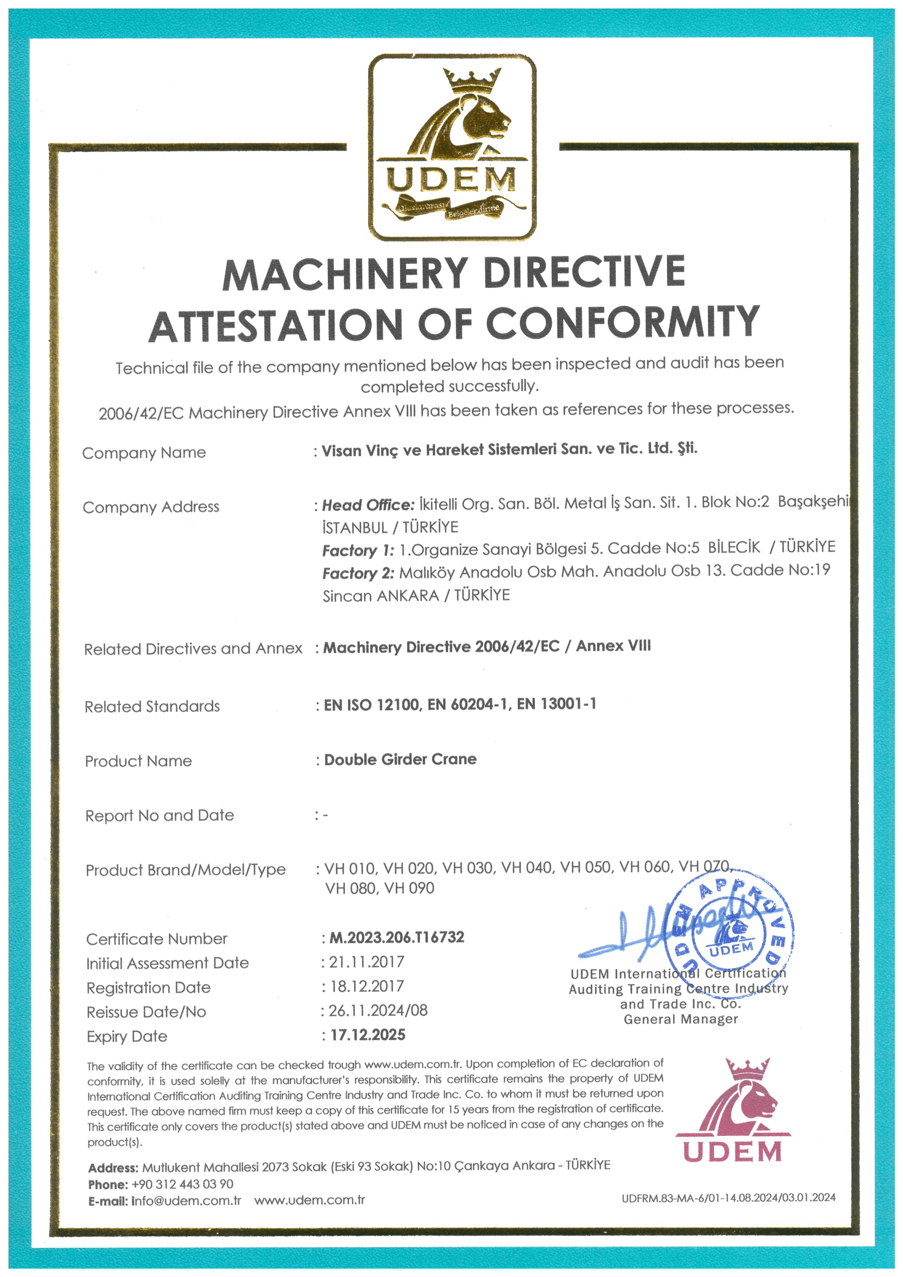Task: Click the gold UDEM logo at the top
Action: point(452,147)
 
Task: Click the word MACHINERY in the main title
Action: point(344,274)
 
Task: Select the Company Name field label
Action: point(144,453)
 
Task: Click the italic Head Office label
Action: point(368,505)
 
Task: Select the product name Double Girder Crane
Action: point(400,759)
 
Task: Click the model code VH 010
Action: point(349,868)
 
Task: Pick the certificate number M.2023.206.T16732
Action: point(397,937)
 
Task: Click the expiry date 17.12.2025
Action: point(368,1035)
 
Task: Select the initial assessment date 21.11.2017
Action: point(367,962)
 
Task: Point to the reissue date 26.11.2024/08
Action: point(378,1010)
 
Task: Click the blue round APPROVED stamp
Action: point(729,934)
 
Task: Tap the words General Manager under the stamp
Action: point(680,1019)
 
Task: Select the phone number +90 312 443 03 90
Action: point(183,1184)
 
